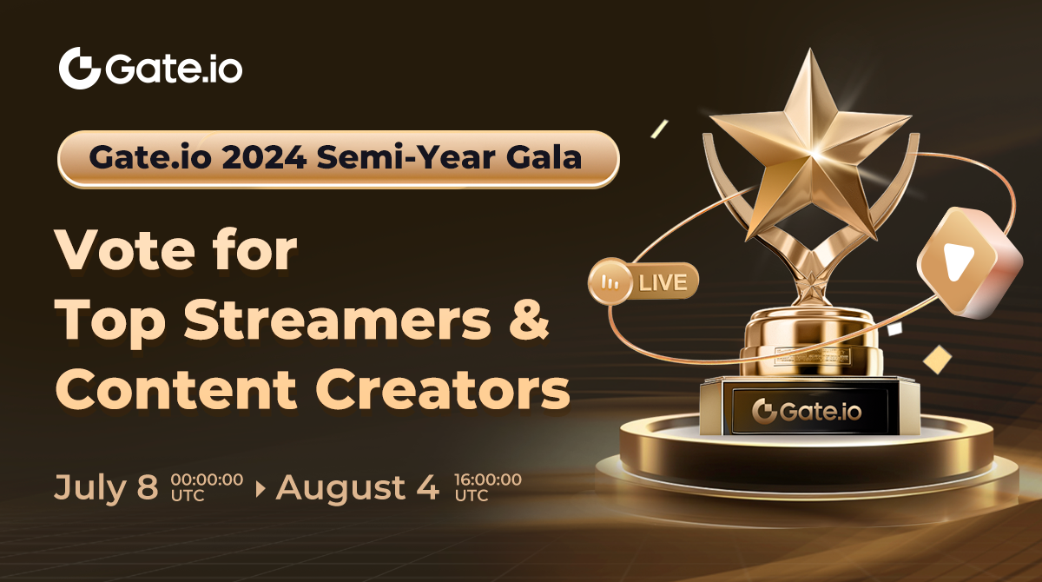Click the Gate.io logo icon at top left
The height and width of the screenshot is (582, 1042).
(x=80, y=68)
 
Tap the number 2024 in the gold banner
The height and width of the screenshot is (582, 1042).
(x=264, y=158)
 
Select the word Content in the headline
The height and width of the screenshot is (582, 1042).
(x=175, y=389)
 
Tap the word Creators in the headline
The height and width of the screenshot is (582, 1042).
(x=442, y=389)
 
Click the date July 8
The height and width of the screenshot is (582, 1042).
(x=107, y=487)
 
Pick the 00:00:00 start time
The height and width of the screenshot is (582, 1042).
(x=207, y=479)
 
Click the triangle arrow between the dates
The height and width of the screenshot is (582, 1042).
(x=260, y=488)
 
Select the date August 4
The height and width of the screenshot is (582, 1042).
(x=357, y=487)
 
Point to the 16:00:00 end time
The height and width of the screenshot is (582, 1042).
(x=488, y=479)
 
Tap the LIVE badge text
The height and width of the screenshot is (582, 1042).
(x=663, y=282)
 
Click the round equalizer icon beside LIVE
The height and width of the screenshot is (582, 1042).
(x=610, y=281)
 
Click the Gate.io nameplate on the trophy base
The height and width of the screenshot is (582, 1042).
(x=807, y=411)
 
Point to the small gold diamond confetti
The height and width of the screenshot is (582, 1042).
(x=937, y=359)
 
